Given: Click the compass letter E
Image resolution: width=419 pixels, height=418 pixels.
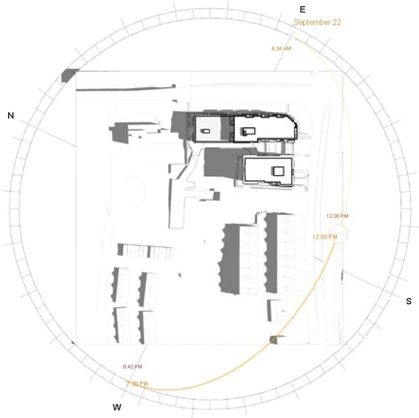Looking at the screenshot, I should click(x=302, y=9).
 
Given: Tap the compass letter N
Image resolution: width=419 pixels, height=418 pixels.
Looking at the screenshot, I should click(x=11, y=116).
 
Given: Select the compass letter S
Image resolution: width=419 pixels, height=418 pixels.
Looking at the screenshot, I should click(x=408, y=301).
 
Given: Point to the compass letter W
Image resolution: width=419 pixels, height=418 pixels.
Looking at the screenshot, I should click(x=116, y=407).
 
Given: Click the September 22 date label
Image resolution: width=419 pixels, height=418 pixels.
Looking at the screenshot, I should click(x=317, y=23).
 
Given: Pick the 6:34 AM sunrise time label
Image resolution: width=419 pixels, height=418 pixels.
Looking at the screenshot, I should click(x=281, y=49).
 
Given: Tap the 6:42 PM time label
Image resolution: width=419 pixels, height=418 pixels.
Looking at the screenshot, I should click(x=132, y=366).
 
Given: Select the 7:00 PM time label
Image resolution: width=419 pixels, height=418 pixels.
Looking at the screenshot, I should click(x=137, y=383).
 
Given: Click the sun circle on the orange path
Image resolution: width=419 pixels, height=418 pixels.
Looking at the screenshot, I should click(x=343, y=234).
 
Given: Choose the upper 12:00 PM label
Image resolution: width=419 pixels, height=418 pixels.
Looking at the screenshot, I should click(x=337, y=216).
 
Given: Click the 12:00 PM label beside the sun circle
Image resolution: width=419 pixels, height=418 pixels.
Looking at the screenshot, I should click(x=323, y=237).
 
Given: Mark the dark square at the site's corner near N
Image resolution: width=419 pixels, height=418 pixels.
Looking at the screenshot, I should click(x=71, y=74).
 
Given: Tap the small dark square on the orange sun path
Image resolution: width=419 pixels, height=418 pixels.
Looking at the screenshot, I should click(x=274, y=339).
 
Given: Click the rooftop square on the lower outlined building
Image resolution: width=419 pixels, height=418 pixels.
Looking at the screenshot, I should click(x=277, y=170).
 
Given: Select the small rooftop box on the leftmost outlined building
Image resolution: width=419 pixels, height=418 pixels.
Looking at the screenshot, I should click(x=206, y=132).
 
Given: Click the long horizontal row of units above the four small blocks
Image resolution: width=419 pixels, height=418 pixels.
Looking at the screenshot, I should click(x=146, y=252).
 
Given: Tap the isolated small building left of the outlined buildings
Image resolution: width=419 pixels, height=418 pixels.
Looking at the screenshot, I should click(x=121, y=132).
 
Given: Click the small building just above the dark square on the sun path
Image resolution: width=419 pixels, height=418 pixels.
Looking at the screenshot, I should click(x=277, y=308).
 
